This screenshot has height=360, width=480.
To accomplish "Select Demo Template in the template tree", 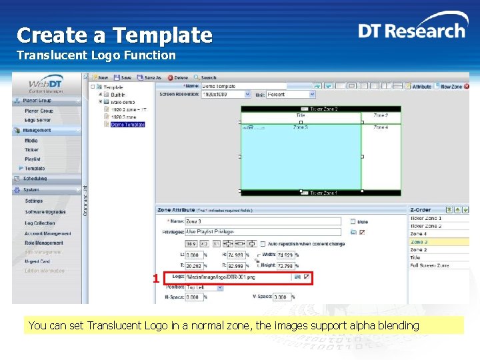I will [x=127, y=124].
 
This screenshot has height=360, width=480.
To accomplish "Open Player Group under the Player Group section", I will [x=39, y=111].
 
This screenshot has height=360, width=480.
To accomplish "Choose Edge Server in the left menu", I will [x=38, y=120].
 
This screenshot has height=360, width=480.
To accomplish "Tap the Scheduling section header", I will [x=35, y=179].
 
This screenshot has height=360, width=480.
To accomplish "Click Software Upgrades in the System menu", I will [x=45, y=212].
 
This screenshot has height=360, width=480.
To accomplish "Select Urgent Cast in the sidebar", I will [x=37, y=261].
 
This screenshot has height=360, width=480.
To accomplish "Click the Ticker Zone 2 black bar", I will [x=320, y=109].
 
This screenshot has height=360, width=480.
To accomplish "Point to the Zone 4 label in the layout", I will [x=381, y=127].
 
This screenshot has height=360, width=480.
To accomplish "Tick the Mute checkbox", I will [x=353, y=221].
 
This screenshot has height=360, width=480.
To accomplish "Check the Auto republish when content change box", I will [x=263, y=244].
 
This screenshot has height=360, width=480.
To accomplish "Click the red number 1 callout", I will [x=155, y=279].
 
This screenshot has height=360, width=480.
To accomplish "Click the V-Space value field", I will [x=280, y=297].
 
